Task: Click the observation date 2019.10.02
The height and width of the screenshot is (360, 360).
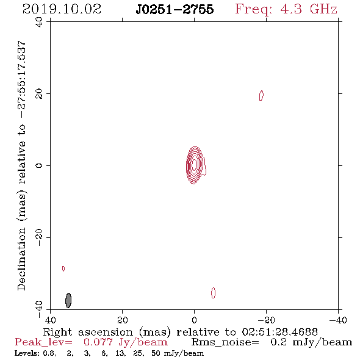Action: [62, 9]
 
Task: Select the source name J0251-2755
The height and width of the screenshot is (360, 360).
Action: [175, 9]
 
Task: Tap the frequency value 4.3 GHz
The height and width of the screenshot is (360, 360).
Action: [309, 9]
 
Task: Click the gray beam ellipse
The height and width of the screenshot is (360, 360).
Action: [68, 300]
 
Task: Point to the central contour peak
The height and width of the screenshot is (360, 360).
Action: [194, 164]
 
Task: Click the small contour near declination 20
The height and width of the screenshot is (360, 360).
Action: [261, 96]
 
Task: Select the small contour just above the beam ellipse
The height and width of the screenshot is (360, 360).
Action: [63, 268]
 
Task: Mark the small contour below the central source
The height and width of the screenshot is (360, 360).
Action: [214, 293]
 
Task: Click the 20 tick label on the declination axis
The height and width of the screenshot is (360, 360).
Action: [39, 94]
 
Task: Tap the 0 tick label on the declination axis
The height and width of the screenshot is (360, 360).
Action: [39, 165]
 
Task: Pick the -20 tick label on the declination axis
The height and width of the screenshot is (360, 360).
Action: [39, 237]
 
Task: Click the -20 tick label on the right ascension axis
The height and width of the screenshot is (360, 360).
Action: [266, 320]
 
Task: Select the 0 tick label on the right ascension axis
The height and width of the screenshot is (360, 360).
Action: [194, 320]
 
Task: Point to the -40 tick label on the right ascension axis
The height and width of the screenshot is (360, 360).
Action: [338, 320]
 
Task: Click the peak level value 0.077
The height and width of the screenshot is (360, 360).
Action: [98, 342]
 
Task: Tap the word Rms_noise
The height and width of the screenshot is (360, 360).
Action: [225, 342]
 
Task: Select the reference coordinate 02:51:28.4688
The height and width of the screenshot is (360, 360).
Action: [280, 332]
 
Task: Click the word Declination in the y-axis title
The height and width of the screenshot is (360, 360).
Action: [21, 259]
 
